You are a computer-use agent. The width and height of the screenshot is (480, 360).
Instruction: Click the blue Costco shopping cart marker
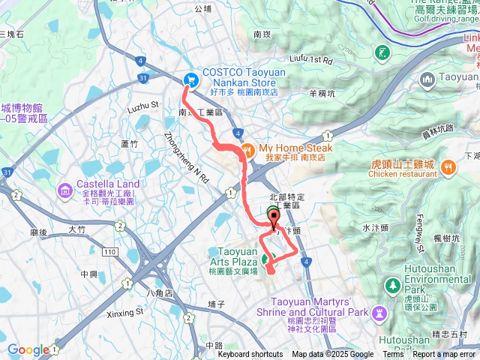pyautogui.click(x=191, y=78)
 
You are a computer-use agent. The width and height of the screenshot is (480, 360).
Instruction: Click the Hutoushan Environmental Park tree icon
pyautogui.click(x=392, y=286)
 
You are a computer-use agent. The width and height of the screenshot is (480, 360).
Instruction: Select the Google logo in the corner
pyautogui.click(x=28, y=349)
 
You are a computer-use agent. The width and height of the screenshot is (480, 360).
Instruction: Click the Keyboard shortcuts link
pyautogui.click(x=250, y=355)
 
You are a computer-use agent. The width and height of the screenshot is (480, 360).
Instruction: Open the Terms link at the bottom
pyautogui.click(x=393, y=355)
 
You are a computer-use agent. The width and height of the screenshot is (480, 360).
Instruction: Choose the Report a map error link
pyautogui.click(x=445, y=355)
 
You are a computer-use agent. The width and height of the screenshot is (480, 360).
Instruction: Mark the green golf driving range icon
pyautogui.click(x=384, y=52)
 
